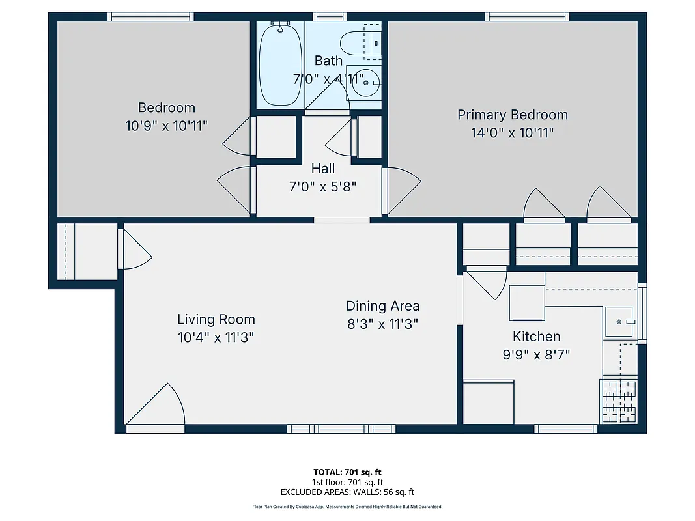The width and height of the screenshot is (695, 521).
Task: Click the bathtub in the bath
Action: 280,64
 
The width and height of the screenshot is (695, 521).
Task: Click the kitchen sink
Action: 619,321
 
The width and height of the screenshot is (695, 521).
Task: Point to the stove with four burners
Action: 618,401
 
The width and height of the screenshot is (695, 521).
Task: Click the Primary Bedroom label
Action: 512,115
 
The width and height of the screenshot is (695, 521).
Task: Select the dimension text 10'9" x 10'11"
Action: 166,126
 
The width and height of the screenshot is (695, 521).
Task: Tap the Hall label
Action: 322,169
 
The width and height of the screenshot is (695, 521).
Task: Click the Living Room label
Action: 216,319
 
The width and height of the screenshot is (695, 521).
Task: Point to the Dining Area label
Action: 382,305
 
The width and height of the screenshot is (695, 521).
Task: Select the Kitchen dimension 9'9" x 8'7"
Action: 536,355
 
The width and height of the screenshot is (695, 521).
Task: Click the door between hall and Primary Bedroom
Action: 400,190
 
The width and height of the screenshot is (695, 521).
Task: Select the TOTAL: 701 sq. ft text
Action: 347,472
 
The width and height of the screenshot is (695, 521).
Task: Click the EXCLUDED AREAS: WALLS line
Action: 347,492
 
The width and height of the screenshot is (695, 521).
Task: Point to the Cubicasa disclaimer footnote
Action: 347,507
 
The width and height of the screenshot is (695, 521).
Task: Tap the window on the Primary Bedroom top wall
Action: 526,16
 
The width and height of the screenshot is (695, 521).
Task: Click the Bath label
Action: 328,61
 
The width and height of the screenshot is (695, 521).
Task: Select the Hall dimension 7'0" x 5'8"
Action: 322,187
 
